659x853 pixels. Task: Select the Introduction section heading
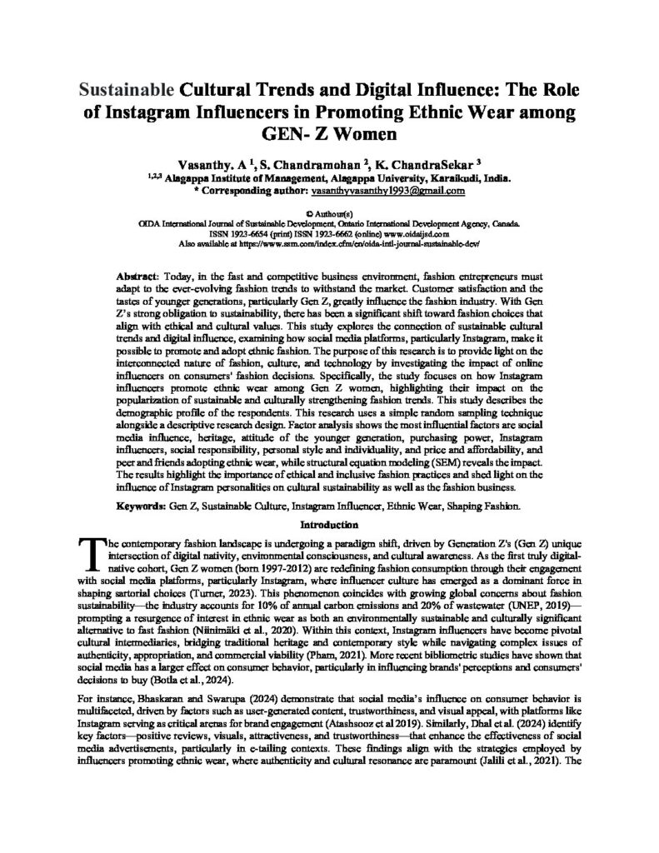(329, 525)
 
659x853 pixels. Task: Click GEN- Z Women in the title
(329, 133)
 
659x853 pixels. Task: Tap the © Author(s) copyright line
(329, 215)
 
